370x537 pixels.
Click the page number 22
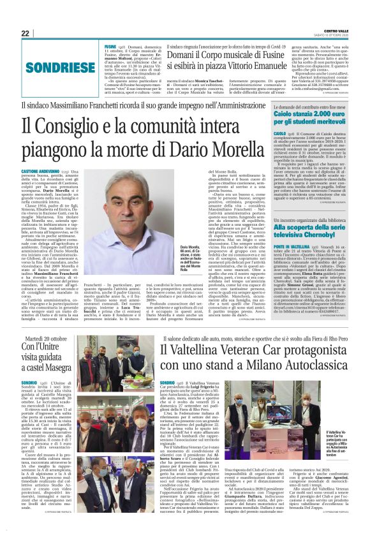click(x=26, y=33)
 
